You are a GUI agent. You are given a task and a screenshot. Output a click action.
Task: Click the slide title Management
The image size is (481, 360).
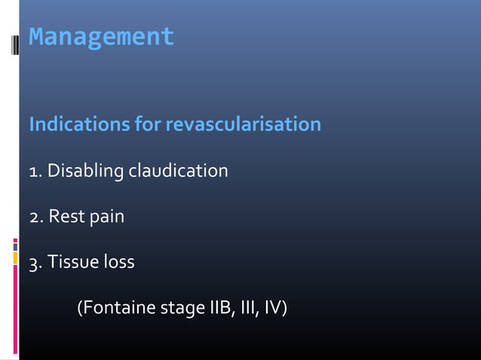coord(101,37)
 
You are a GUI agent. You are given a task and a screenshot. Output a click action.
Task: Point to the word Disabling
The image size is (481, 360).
coord(85,172)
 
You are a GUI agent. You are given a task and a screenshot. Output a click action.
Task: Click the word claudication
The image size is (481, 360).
coord(178,172)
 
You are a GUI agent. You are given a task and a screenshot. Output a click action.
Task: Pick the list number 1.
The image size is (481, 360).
coord(33,172)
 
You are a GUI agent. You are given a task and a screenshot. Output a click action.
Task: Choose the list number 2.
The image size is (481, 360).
coord(34,218)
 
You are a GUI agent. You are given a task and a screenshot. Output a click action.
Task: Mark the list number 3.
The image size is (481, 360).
coord(34,263)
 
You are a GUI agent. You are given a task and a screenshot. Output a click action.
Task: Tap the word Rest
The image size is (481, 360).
coord(64,218)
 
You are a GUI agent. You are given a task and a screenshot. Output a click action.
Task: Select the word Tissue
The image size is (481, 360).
coord(73,263)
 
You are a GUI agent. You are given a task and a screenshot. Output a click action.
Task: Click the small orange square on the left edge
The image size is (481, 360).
coord(15,258)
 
